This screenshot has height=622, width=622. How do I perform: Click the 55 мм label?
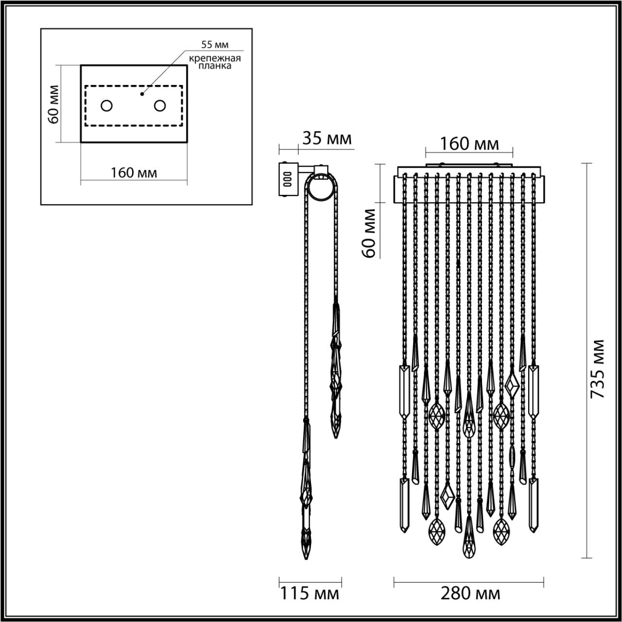(215, 45)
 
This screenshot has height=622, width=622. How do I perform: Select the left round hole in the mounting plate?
(106, 105)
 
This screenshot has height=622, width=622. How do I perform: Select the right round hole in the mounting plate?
(160, 105)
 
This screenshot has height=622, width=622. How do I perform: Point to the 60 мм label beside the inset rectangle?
(54, 104)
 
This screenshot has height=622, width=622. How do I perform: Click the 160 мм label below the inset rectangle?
(134, 173)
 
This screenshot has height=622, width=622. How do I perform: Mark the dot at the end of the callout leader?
(142, 93)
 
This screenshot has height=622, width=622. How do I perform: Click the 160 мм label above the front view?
(469, 144)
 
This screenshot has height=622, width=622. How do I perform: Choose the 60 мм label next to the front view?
(370, 232)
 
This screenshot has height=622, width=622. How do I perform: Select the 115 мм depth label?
(309, 593)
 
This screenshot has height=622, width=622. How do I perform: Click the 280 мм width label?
(470, 593)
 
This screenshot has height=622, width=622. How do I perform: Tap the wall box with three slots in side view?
(287, 179)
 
